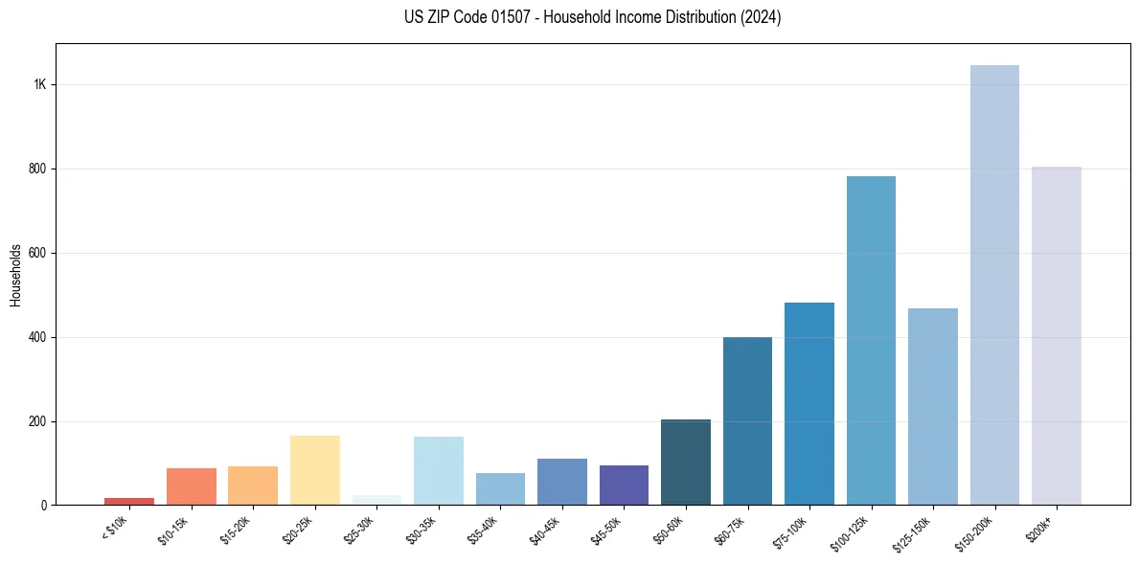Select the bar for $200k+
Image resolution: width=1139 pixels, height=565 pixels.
coord(1057,335)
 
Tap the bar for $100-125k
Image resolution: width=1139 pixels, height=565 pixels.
coord(871,340)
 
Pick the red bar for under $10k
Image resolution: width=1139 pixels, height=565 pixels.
coord(129,501)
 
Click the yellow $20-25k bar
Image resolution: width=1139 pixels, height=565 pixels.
coord(315,470)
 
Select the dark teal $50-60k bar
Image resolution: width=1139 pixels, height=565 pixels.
coord(686,462)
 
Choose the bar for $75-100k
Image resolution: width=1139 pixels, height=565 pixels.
coord(809,403)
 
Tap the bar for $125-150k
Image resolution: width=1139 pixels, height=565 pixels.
coord(933,406)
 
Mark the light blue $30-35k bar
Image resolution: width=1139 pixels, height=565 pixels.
coord(439,470)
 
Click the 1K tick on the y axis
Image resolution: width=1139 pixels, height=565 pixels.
coord(40,84)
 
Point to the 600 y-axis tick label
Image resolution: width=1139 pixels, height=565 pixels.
coord(38,253)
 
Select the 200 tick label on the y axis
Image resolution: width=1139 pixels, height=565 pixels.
coord(38,421)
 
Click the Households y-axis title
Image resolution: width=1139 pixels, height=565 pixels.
coord(15,275)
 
